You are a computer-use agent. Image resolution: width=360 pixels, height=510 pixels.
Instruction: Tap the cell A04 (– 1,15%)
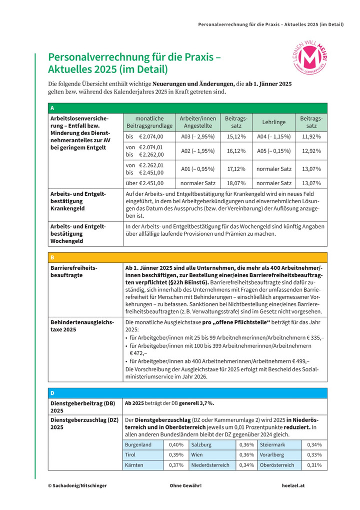tap(274, 136)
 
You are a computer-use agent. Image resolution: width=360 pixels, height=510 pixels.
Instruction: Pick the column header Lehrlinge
tap(274, 122)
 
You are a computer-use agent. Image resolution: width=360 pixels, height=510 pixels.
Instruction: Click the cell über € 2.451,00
tap(147, 183)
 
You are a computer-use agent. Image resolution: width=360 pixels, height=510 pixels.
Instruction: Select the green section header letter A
tap(52, 108)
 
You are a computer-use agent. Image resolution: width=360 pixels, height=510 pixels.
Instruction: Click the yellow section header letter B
tap(52, 257)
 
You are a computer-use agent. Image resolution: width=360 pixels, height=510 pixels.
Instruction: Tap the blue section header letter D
tap(52, 392)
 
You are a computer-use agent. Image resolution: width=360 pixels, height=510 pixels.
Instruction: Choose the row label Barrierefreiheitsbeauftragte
tap(74, 271)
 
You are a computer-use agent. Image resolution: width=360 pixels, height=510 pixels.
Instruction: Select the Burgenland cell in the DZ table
tap(138, 444)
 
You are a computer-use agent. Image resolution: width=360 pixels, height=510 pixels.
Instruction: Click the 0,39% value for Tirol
tap(176, 455)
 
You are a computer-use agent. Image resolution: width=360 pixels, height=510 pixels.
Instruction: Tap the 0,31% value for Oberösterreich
tap(314, 465)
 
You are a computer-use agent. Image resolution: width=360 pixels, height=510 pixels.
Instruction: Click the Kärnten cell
tap(134, 465)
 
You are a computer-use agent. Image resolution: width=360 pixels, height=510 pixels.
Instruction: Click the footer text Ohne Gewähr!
tap(185, 485)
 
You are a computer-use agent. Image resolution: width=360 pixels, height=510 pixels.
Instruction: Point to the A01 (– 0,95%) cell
tap(197, 169)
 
